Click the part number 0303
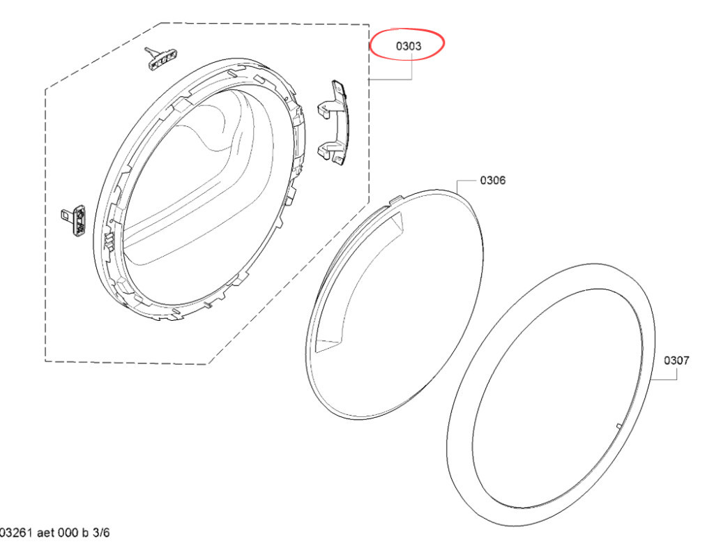click(x=409, y=45)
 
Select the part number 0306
click(x=493, y=181)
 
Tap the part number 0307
click(x=676, y=361)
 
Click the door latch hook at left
click(x=73, y=220)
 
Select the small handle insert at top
click(x=161, y=58)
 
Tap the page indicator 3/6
click(x=101, y=533)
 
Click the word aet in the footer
click(x=45, y=533)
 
